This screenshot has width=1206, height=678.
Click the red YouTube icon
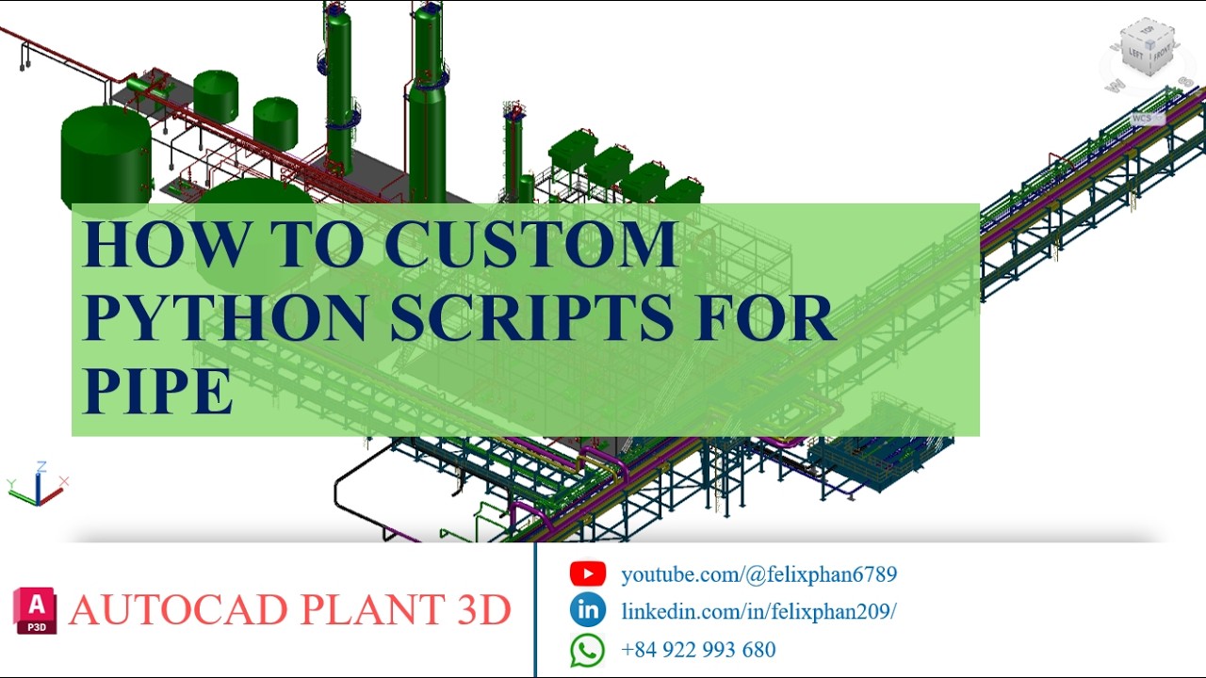(588, 573)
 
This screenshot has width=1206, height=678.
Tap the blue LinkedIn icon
(588, 610)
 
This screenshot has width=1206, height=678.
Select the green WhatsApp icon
(588, 650)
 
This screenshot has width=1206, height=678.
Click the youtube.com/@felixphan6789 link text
(758, 573)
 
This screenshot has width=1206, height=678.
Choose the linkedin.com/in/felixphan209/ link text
(758, 611)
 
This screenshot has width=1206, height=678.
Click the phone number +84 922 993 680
(698, 650)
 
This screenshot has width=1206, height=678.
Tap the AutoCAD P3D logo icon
(35, 609)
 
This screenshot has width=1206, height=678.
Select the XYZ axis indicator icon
(38, 484)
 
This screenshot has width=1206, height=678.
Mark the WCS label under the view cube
(1142, 119)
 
